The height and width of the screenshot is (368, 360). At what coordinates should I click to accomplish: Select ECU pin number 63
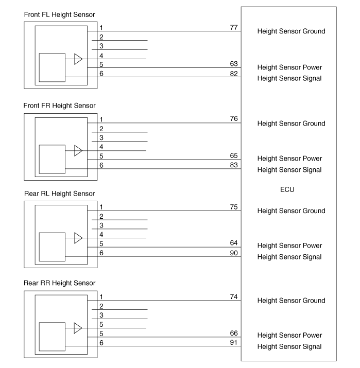pyautogui.click(x=234, y=63)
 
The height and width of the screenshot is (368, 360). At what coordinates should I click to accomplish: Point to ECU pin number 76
pyautogui.click(x=234, y=118)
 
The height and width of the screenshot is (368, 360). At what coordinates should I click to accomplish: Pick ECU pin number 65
pyautogui.click(x=234, y=155)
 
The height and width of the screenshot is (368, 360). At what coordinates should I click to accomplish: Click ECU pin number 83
pyautogui.click(x=234, y=164)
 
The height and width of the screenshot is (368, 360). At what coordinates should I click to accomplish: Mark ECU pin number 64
pyautogui.click(x=234, y=242)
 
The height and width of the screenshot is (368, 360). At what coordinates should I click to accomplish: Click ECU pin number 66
pyautogui.click(x=234, y=333)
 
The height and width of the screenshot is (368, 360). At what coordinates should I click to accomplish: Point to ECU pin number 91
pyautogui.click(x=234, y=342)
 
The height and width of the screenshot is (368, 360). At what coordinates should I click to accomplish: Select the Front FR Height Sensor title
pyautogui.click(x=60, y=106)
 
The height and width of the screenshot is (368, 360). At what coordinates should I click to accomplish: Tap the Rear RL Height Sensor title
pyautogui.click(x=59, y=193)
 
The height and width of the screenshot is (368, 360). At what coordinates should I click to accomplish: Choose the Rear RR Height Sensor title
pyautogui.click(x=60, y=283)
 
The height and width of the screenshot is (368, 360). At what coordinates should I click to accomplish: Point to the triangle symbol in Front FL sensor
pyautogui.click(x=78, y=59)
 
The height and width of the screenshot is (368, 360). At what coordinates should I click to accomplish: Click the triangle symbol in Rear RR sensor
pyautogui.click(x=78, y=328)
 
